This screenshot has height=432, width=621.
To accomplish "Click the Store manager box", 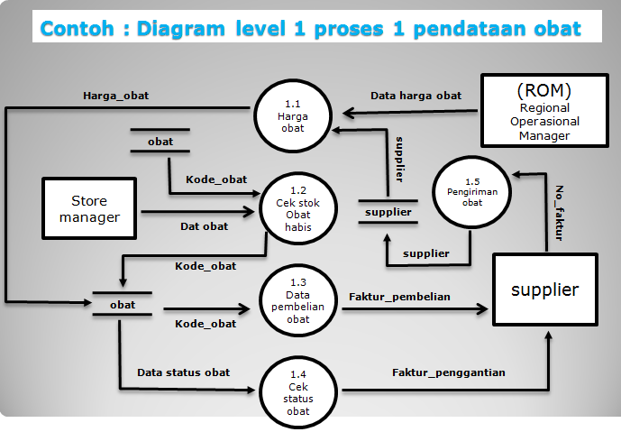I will click(x=89, y=208).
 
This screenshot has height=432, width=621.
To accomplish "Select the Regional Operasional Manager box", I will click(x=544, y=111).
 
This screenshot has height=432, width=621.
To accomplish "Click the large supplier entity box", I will click(x=544, y=290).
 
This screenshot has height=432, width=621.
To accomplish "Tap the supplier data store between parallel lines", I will click(x=388, y=213).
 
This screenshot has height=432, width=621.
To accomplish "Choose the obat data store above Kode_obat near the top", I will click(x=160, y=142).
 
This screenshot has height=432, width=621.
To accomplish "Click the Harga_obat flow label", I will click(x=116, y=95).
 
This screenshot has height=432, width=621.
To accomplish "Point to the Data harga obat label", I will click(x=416, y=96).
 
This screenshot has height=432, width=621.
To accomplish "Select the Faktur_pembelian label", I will click(x=398, y=296).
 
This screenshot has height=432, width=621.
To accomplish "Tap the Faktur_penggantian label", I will click(x=448, y=372).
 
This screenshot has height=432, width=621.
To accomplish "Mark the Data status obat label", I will click(x=183, y=372).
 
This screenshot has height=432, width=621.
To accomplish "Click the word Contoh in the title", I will click(x=78, y=28).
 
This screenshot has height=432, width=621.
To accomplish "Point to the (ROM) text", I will click(x=544, y=90).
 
